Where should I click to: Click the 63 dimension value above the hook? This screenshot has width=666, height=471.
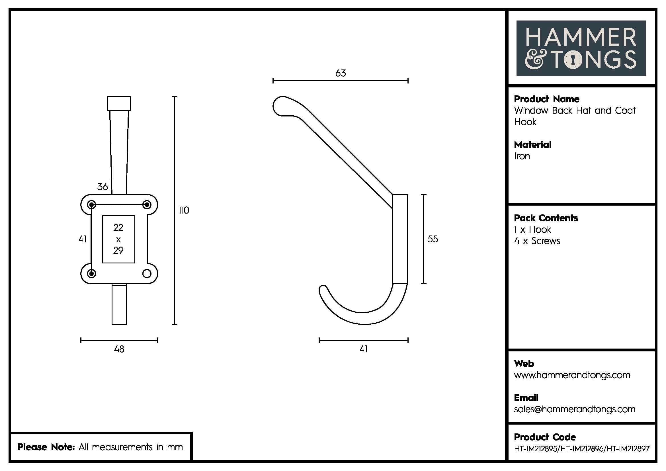tap(341, 73)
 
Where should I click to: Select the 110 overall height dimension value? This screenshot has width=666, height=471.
tap(184, 210)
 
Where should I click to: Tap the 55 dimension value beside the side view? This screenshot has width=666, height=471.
tap(433, 239)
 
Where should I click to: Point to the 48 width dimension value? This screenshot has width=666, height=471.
tap(119, 349)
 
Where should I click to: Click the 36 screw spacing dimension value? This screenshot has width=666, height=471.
tap(103, 187)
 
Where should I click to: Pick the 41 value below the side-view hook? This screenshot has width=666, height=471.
tap(363, 349)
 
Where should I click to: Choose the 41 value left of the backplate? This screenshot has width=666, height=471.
tap(83, 239)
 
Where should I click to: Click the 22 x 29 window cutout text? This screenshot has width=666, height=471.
tap(118, 239)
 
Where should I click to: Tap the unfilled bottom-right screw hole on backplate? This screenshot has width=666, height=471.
tap(147, 273)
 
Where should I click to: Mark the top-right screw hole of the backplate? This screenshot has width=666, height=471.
tap(147, 204)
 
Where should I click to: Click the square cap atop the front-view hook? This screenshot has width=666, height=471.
tap(119, 103)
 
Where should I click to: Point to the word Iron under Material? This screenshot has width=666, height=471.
tap(522, 156)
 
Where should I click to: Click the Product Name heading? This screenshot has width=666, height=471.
tap(546, 99)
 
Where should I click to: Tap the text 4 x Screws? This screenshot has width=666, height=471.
tap(537, 241)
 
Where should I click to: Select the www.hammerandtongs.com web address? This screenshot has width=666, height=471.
tap(572, 375)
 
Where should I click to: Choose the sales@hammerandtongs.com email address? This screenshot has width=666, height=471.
tap(574, 409)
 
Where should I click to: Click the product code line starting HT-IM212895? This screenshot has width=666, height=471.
tap(582, 449)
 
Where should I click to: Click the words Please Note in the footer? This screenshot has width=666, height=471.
tap(46, 447)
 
